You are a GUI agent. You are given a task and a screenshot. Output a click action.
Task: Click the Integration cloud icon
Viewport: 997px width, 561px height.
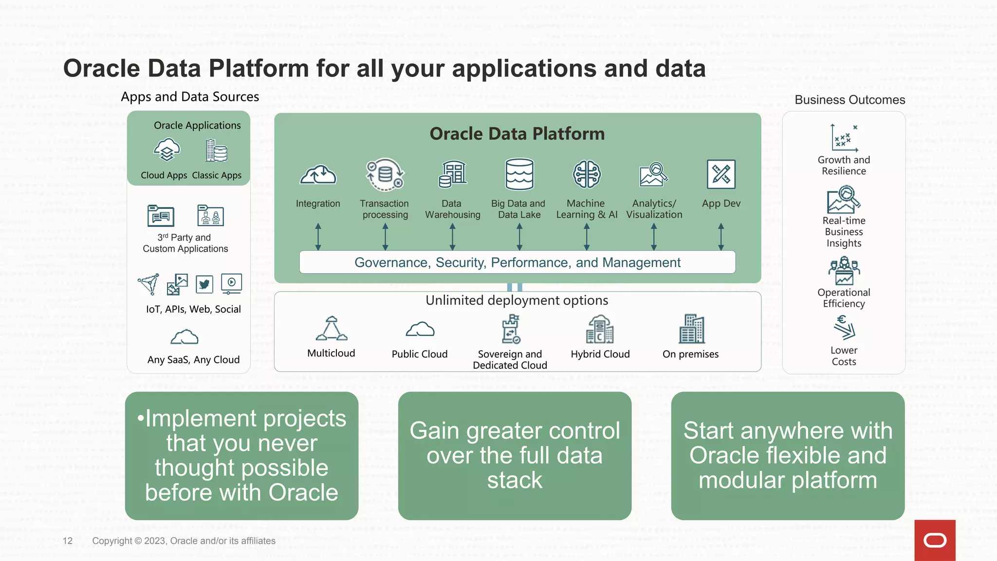[318, 174]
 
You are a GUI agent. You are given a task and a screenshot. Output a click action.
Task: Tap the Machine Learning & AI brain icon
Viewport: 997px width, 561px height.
[587, 174]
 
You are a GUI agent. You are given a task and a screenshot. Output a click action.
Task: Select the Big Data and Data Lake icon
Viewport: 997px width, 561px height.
[519, 174]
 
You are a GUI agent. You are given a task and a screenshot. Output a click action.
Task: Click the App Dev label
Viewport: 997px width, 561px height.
[721, 204]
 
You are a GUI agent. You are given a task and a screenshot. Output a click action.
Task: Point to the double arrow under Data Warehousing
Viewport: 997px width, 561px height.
[452, 237]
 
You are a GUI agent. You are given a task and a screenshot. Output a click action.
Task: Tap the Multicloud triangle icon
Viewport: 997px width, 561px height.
[332, 329]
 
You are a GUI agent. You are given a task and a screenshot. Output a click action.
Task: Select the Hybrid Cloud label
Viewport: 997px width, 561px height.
[600, 354]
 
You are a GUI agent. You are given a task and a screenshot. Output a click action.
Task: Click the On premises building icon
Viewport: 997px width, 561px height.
[691, 329]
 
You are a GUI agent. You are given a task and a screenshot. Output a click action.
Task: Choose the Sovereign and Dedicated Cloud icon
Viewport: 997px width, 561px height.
[511, 329]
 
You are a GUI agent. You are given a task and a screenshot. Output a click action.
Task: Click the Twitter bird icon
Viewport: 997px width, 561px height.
[204, 284]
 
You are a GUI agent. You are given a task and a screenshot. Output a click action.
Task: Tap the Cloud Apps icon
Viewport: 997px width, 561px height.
[166, 150]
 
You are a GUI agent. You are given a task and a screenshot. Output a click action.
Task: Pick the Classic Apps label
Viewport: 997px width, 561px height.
[217, 175]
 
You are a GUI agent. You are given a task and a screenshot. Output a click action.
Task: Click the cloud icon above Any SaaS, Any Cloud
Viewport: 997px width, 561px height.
[185, 337]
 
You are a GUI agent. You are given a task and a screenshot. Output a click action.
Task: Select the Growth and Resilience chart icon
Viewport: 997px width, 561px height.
[844, 138]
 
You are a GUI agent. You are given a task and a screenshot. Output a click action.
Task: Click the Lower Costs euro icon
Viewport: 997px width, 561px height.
[844, 327]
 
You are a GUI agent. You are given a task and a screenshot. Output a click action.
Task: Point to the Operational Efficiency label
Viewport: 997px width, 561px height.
[844, 298]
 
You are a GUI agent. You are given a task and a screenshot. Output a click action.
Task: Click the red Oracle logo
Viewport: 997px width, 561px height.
[935, 540]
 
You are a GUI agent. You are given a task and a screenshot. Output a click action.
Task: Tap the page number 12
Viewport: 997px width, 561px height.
[68, 541]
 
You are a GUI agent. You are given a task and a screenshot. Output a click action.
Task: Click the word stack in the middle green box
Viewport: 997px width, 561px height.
[515, 480]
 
